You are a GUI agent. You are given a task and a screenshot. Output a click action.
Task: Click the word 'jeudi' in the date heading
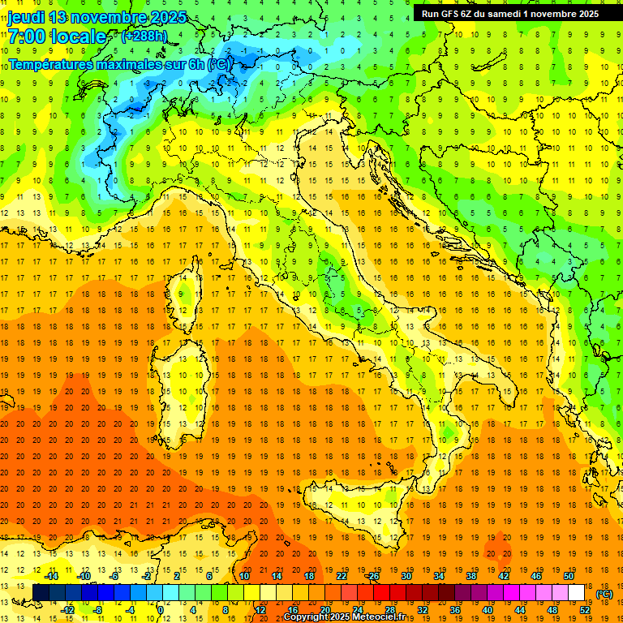point(25,17)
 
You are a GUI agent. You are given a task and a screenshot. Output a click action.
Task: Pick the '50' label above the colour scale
point(568,576)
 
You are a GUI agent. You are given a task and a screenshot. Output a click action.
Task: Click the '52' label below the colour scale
point(585,610)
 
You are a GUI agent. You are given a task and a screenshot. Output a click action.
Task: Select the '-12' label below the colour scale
point(67,610)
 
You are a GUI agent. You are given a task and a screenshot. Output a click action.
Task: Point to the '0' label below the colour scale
point(161,610)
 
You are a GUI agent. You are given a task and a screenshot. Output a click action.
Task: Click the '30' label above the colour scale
point(406,576)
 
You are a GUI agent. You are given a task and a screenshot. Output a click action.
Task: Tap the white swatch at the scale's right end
point(577,593)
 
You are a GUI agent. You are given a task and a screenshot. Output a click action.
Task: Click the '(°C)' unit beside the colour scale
point(604,594)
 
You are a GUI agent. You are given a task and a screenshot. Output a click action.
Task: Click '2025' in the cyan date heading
point(167,17)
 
